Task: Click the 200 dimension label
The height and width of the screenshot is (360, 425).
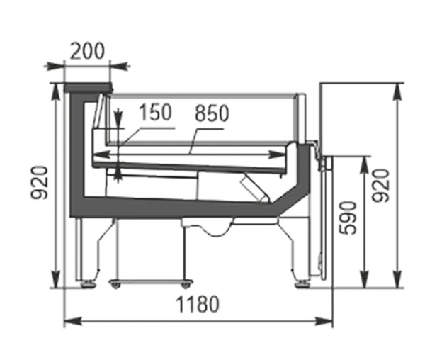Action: coord(87,51)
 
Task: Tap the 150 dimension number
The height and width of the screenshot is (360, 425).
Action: coord(155,112)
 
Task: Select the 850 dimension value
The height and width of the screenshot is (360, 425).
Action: coord(212,113)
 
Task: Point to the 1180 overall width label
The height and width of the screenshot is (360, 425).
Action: coord(198,304)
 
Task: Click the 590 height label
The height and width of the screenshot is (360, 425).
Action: coord(348,218)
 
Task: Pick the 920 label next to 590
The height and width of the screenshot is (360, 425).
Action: coord(380,186)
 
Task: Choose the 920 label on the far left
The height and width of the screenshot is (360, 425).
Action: coord(40,182)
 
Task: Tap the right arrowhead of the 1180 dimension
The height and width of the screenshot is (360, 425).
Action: coord(324,321)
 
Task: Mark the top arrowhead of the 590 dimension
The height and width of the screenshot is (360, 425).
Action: coord(365,164)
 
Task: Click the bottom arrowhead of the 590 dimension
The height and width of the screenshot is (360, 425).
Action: coord(365,279)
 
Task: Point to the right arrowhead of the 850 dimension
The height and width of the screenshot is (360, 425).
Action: coord(277,154)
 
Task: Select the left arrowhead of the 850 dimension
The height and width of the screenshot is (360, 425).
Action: coord(101,154)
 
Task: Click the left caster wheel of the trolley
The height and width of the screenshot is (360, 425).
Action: coord(115,285)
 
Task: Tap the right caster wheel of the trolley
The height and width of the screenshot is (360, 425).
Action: coord(186,285)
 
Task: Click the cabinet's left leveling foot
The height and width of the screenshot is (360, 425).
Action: coord(89,284)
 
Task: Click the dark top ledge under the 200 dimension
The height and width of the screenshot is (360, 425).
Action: coord(89,88)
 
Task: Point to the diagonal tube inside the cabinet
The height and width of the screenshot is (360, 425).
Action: coord(255,190)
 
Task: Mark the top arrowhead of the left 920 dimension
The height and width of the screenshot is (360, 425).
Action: coord(56,91)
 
